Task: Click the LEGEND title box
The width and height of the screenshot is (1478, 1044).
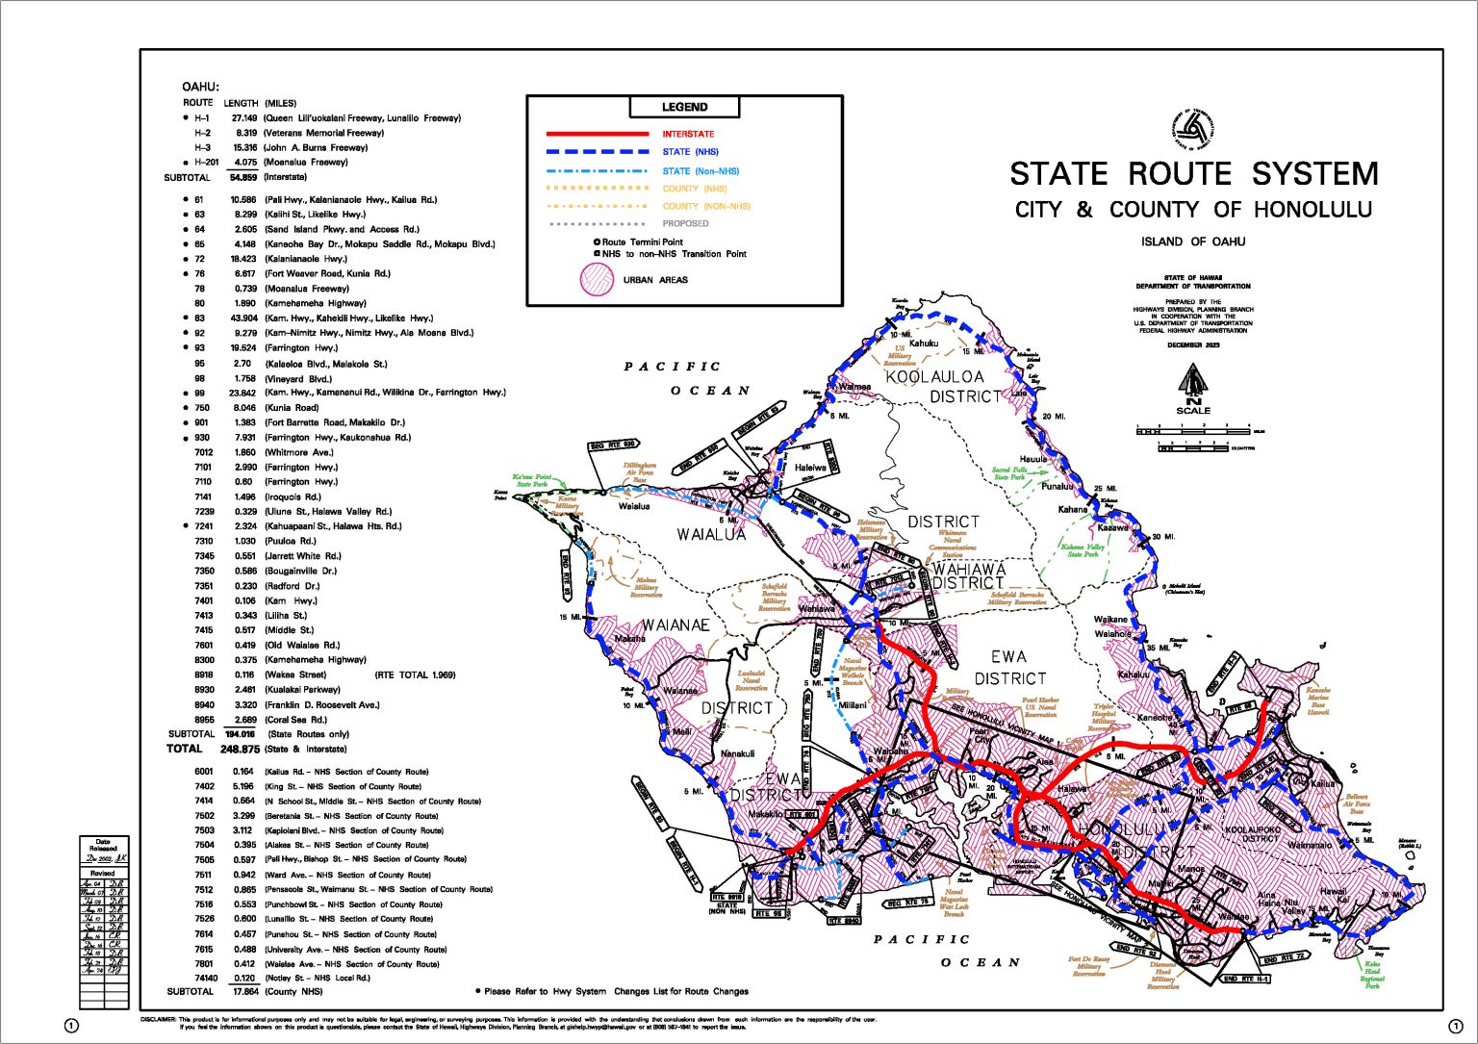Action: pos(684,107)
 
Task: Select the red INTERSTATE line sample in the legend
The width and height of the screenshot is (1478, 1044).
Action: pos(598,134)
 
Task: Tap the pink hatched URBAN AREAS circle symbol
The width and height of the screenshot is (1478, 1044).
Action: pos(597,279)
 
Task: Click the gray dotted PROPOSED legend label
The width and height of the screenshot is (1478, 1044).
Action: pos(685,223)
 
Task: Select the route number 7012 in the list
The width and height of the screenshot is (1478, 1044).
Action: pos(204,452)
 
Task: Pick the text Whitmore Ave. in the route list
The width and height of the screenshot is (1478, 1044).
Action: pos(299,452)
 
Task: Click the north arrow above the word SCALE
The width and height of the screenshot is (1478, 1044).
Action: pos(1193,381)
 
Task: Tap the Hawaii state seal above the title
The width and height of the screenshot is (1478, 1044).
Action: pos(1192,130)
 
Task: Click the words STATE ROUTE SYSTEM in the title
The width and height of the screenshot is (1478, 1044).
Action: pos(1193,174)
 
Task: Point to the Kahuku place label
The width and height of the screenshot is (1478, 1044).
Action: pos(924,344)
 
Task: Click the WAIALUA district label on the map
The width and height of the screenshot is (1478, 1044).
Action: pos(711,535)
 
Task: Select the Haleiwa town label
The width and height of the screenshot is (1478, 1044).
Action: pos(810,468)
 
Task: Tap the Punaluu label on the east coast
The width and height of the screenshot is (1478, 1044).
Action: pos(1057,486)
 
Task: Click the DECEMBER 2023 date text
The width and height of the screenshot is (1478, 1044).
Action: pos(1193,344)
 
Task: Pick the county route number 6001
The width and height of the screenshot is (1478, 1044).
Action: pos(204,772)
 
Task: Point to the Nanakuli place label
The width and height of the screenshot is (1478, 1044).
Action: pos(737,753)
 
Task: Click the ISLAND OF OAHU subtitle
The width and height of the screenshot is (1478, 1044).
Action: pos(1193,242)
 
